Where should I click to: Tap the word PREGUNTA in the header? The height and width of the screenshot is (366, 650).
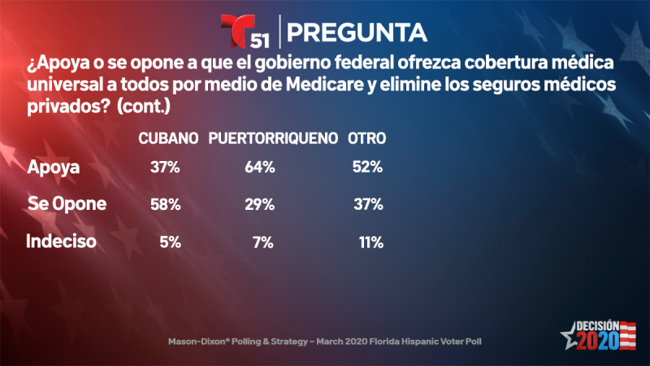(x=357, y=32)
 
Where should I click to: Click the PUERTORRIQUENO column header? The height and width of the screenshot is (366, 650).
(x=273, y=138)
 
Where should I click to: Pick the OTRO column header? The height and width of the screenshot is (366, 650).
(x=366, y=138)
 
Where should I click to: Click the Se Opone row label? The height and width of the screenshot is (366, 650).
(x=67, y=204)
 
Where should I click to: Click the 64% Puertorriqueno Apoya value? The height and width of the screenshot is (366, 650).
(x=260, y=168)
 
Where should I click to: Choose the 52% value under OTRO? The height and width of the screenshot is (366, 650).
(x=367, y=168)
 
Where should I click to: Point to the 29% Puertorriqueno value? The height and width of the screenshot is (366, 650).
(x=260, y=204)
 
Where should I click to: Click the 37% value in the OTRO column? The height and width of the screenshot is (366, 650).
(x=367, y=204)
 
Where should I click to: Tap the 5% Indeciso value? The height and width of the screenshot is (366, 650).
(x=169, y=241)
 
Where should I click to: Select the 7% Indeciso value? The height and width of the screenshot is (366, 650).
(x=264, y=241)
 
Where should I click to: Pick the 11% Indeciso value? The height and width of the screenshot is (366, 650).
(x=370, y=241)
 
